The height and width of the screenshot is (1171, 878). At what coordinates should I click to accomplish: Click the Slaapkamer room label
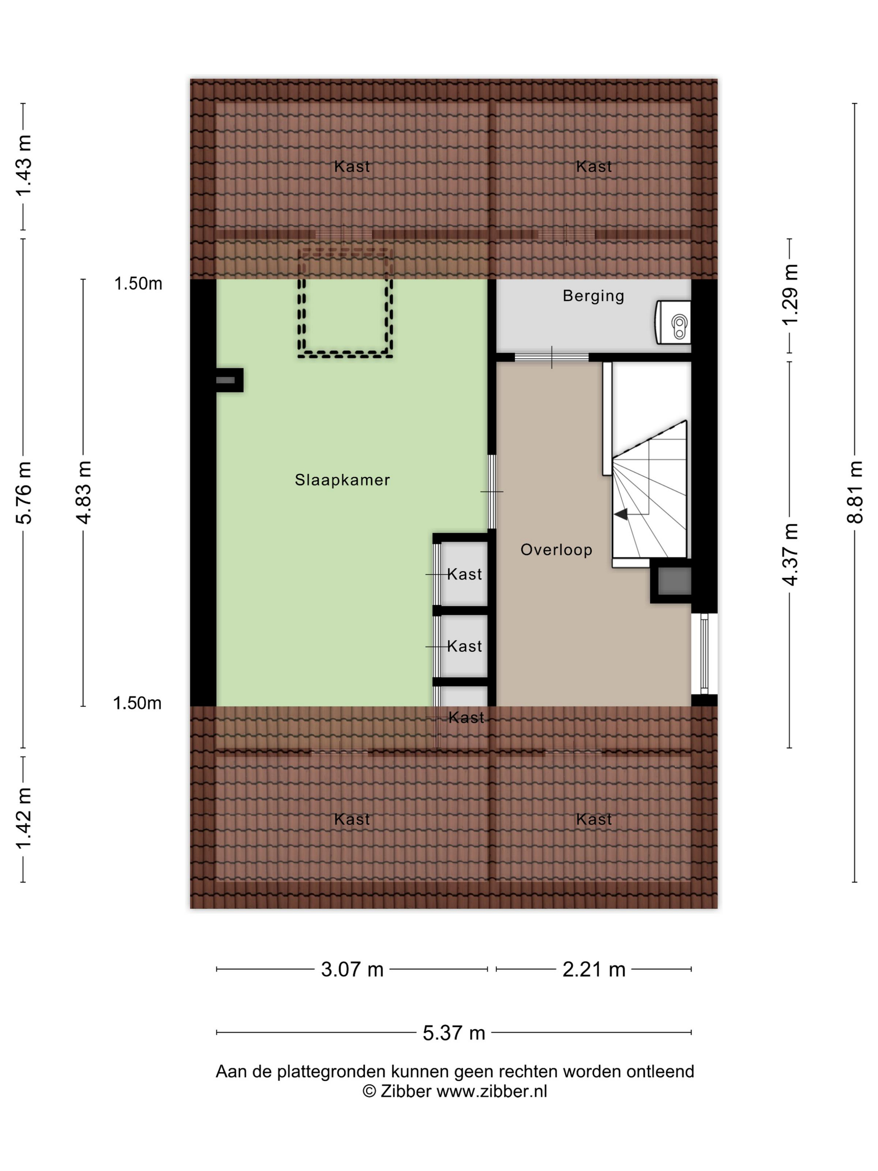(342, 480)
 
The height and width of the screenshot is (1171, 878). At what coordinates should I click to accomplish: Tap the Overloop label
(556, 550)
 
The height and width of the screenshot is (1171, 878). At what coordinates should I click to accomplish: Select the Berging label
(593, 296)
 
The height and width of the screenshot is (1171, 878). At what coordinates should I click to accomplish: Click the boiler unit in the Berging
(673, 322)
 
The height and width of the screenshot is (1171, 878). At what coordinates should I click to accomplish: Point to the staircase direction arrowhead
(621, 514)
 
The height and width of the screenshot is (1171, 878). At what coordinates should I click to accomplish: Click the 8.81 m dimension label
(855, 492)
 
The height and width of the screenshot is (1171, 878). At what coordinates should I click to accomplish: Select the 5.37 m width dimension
(454, 1033)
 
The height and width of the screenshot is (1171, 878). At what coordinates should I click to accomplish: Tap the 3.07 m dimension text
(352, 969)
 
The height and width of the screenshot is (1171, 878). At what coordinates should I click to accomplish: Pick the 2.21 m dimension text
(594, 969)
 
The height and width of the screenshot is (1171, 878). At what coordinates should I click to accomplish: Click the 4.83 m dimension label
(84, 492)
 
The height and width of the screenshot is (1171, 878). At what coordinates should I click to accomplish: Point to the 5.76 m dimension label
(24, 492)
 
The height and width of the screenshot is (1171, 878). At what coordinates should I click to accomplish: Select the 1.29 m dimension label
(790, 295)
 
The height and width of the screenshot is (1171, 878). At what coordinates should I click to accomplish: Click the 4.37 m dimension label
(790, 554)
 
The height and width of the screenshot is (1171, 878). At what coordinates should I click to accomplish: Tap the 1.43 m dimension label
(24, 165)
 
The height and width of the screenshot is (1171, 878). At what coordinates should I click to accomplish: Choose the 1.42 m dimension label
(24, 818)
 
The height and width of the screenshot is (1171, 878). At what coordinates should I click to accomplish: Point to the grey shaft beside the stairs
(674, 581)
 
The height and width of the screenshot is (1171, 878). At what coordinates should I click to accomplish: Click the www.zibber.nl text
(492, 1092)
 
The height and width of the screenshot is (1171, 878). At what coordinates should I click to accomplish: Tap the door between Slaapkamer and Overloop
(492, 492)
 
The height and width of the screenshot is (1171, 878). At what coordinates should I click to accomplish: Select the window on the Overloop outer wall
(704, 653)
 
